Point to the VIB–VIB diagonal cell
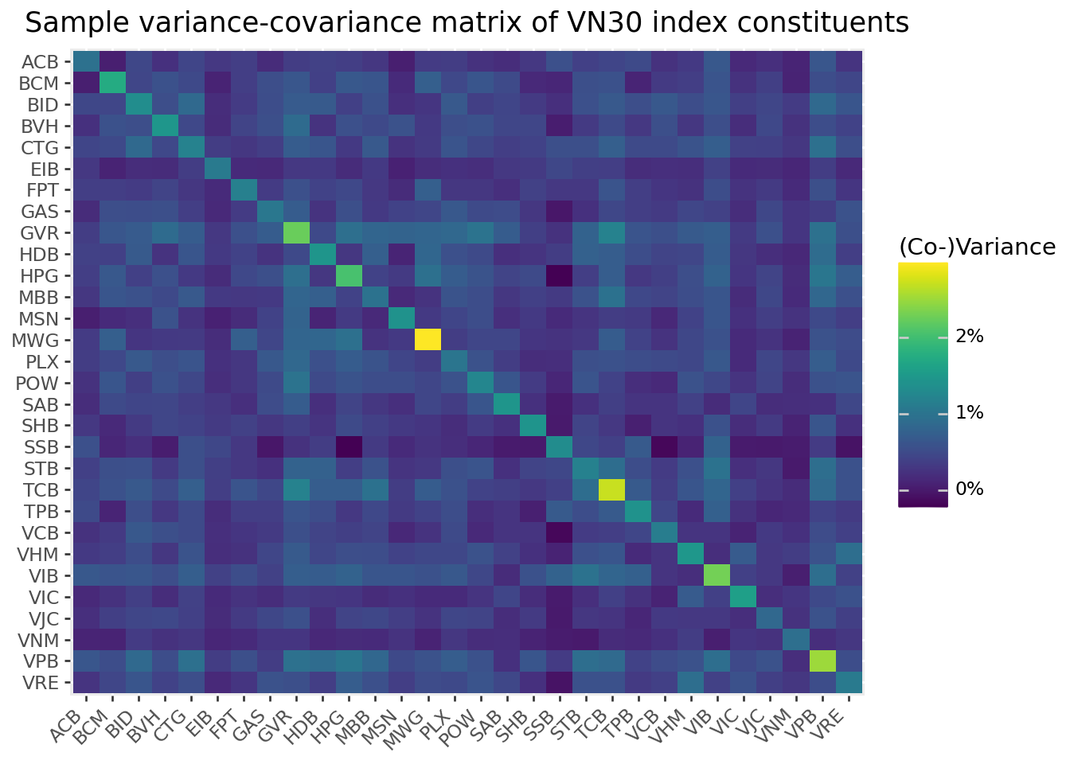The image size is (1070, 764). point(717,575)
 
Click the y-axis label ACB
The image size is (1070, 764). point(40,62)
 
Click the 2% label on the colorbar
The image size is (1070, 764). point(970,337)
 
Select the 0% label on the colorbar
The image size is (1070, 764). point(970,489)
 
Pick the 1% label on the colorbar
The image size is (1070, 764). point(970,413)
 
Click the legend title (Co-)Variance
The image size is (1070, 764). point(977,248)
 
